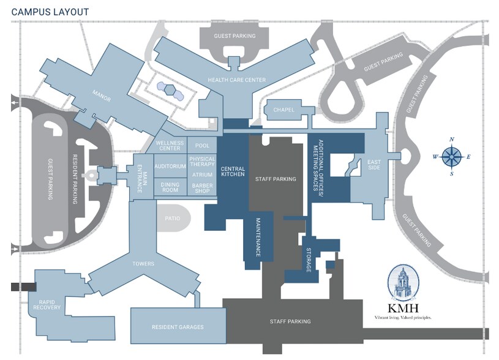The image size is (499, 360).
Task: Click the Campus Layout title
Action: (x=50, y=12)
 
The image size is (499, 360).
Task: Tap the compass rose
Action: (x=452, y=157)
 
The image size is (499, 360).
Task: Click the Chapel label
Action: (x=284, y=110)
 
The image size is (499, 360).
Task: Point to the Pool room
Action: (x=202, y=146)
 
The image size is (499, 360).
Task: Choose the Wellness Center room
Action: (x=170, y=146)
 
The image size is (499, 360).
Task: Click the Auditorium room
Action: (x=170, y=167)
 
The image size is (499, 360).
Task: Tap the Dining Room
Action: (x=170, y=187)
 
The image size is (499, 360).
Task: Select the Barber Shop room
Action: (x=202, y=189)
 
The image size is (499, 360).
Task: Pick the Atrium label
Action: (x=202, y=175)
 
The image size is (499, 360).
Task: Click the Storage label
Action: (x=310, y=261)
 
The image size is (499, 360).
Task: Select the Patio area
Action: (x=171, y=217)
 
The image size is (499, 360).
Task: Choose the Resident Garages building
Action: (x=178, y=327)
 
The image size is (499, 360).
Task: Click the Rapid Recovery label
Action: (x=50, y=304)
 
